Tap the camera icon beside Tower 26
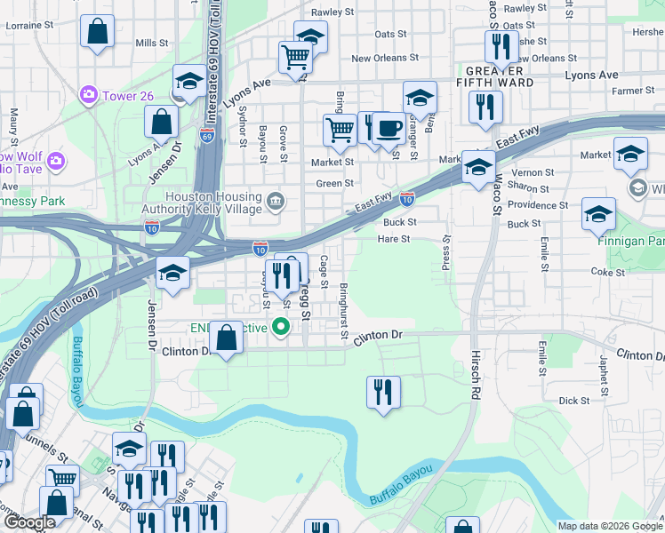point(89,93)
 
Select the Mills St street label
point(152,43)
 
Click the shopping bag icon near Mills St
point(98,32)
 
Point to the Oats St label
point(390,34)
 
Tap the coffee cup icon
point(388,128)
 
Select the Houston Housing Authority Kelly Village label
point(213,203)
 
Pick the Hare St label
point(393,239)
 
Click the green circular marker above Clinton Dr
point(282,328)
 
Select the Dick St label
point(574,401)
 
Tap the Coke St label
point(608,273)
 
